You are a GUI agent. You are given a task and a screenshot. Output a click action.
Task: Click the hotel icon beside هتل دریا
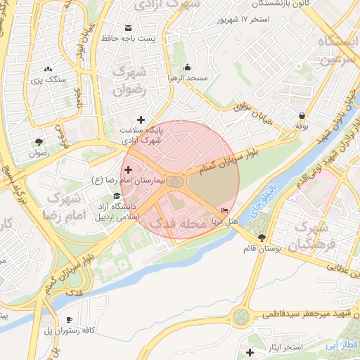pyautogui.click(x=225, y=210)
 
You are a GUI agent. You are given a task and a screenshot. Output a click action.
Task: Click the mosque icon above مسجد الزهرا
pyautogui.click(x=187, y=67)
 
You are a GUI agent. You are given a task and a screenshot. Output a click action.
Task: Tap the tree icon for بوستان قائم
pyautogui.click(x=262, y=238)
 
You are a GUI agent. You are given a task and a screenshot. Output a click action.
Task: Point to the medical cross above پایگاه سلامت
pyautogui.click(x=143, y=120)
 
